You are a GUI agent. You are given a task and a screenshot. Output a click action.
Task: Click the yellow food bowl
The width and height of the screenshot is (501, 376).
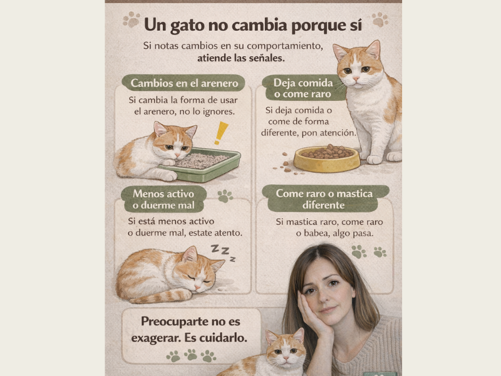coord(326,159)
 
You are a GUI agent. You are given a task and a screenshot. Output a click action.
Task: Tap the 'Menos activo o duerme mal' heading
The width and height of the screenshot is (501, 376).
coord(163,199)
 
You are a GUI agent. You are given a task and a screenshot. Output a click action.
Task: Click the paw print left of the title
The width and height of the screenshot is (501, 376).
coord(132,19)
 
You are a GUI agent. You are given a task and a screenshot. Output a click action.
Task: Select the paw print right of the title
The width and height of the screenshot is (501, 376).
coord(380,19)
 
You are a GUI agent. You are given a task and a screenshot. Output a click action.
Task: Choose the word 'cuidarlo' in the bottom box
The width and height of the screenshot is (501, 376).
coord(219,337)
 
